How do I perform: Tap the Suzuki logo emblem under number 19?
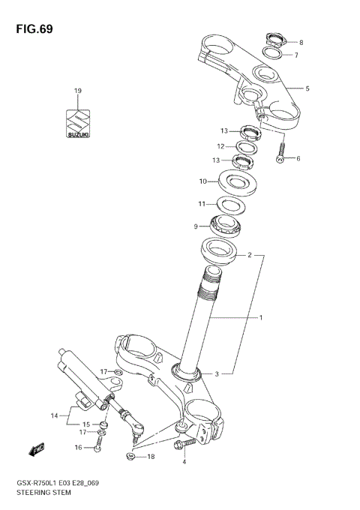pyautogui.click(x=77, y=123)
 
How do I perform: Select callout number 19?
pyautogui.click(x=77, y=91)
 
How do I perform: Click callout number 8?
pyautogui.click(x=301, y=42)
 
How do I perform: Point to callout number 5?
pyautogui.click(x=307, y=88)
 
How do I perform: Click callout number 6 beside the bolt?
pyautogui.click(x=298, y=158)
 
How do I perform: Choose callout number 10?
pyautogui.click(x=202, y=181)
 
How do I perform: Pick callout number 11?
pyautogui.click(x=201, y=204)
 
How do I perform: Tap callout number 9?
pyautogui.click(x=196, y=226)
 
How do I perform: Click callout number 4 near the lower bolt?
pyautogui.click(x=184, y=462)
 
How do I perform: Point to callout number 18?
pyautogui.click(x=151, y=457)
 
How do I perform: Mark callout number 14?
pyautogui.click(x=53, y=415)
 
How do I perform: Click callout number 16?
pyautogui.click(x=77, y=448)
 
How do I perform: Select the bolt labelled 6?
pyautogui.click(x=280, y=155)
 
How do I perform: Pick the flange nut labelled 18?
pyautogui.click(x=130, y=455)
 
